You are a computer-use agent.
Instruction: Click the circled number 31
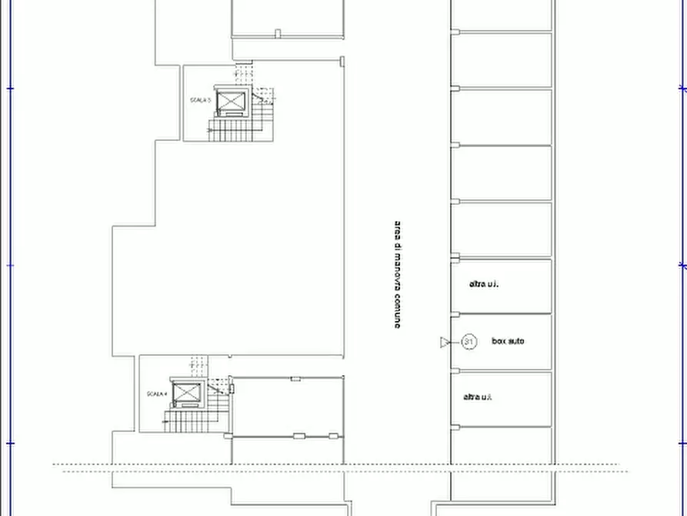pyautogui.click(x=469, y=342)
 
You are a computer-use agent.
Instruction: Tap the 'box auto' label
pyautogui.click(x=508, y=341)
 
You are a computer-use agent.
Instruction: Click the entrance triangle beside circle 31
pyautogui.click(x=445, y=342)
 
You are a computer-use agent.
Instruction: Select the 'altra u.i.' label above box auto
pyautogui.click(x=484, y=284)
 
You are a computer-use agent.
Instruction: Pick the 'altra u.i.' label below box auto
pyautogui.click(x=477, y=397)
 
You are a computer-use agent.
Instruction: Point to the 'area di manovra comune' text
pyautogui.click(x=397, y=275)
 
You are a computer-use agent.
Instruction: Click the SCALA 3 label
pyautogui.click(x=200, y=100)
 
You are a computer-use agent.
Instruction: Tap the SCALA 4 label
pyautogui.click(x=157, y=394)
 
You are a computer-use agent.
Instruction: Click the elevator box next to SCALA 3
pyautogui.click(x=231, y=101)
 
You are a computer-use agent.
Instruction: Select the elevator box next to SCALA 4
pyautogui.click(x=187, y=394)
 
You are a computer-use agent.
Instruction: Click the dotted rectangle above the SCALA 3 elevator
pyautogui.click(x=243, y=75)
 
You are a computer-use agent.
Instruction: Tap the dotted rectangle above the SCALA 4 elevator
pyautogui.click(x=199, y=366)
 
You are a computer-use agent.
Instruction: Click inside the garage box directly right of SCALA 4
pyautogui.click(x=286, y=407)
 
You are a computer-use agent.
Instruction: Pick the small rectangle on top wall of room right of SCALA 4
pyautogui.click(x=295, y=378)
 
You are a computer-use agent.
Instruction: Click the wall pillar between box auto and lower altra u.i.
pyautogui.click(x=455, y=370)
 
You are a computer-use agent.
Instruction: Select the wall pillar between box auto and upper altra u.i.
pyautogui.click(x=455, y=313)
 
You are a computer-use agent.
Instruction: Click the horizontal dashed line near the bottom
pyautogui.click(x=338, y=464)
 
